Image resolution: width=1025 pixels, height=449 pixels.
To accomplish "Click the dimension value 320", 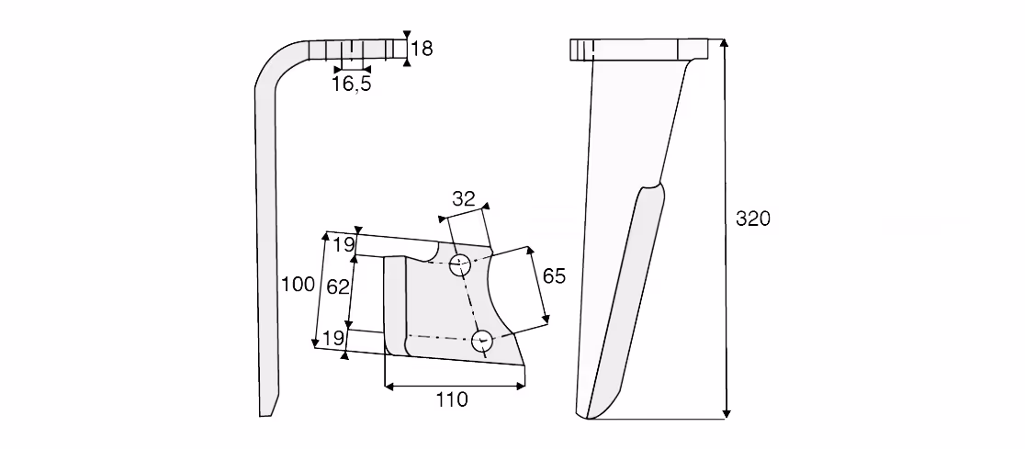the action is click(753, 219).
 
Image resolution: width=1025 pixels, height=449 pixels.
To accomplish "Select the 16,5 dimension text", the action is click(352, 84).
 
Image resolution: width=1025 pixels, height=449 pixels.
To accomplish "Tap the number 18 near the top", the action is click(422, 49).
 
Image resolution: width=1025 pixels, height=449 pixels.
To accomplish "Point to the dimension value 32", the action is click(464, 199).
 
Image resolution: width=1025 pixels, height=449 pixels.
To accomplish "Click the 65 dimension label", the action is click(555, 275).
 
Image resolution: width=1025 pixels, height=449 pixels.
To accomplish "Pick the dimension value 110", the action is click(453, 399).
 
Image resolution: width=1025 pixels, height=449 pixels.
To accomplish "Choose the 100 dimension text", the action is click(298, 285).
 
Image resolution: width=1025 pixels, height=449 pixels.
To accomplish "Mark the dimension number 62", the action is click(338, 286).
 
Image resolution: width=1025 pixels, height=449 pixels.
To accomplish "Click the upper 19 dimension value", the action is click(344, 245).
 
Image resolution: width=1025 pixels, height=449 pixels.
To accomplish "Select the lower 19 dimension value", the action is click(333, 338).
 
